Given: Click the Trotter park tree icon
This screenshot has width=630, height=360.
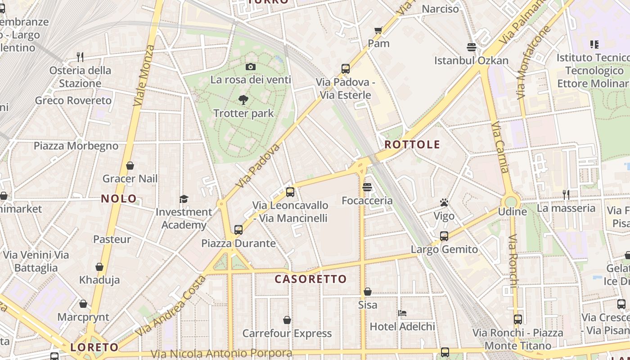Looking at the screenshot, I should point(243,100).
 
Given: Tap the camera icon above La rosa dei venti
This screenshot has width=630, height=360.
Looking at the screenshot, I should point(251,67).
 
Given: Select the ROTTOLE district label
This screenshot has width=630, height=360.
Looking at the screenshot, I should point(412,144).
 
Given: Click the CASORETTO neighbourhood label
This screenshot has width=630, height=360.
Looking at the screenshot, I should point(310,279).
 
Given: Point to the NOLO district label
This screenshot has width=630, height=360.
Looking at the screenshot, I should point(119,198).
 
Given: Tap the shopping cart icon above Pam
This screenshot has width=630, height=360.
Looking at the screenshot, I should point(378,31).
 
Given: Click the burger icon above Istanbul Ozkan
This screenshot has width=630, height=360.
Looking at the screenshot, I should point(472,47).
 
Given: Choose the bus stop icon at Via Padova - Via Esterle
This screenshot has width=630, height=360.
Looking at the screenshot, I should point(346,69).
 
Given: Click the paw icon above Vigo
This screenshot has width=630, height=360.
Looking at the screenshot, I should point(444,203).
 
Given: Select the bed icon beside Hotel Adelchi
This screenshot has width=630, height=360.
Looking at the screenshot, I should point(402,313).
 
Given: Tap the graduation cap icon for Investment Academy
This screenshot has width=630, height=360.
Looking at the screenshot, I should point(184,199).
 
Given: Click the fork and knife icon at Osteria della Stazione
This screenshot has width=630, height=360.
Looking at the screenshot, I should point(80,57).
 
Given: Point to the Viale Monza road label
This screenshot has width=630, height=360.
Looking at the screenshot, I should point(144,75).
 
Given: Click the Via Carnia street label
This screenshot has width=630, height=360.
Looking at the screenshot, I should point(500,147).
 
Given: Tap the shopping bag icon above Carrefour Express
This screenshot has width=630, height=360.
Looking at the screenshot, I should point(287,320).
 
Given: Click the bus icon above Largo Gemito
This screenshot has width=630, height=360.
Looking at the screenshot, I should point(444,236).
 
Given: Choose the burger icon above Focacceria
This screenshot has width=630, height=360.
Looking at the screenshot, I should point(367,187).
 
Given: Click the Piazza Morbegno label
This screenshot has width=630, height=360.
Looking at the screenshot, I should point(76,146).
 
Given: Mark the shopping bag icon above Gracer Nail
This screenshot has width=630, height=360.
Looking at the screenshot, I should point(130,166).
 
